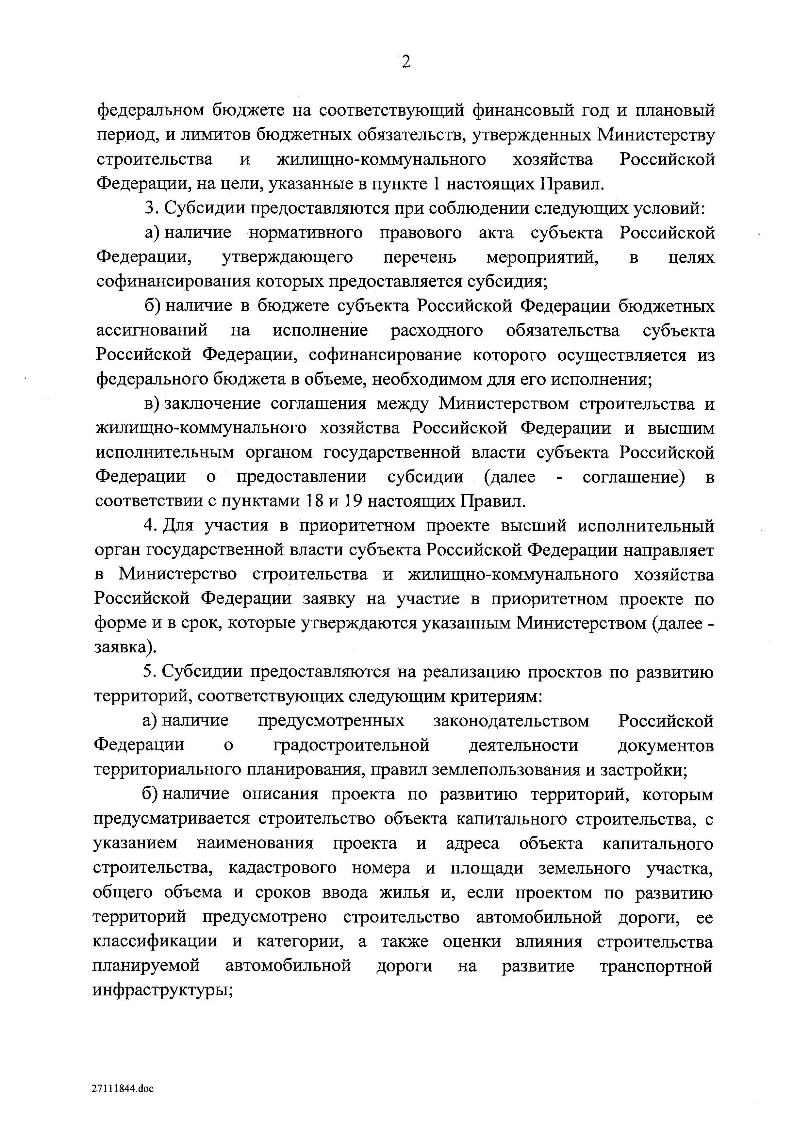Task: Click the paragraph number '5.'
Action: tap(150, 672)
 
